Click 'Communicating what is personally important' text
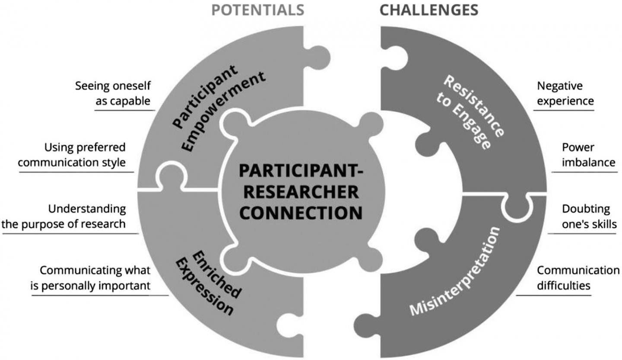pos(95,277)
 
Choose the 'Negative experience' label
pos(565,93)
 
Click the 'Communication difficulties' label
pos(578,277)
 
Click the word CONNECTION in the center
pos(300,213)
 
